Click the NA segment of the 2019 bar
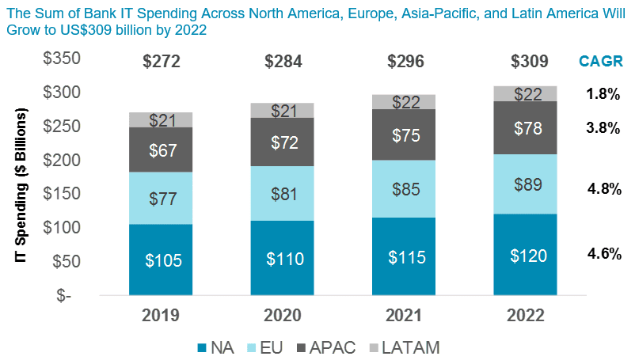point(161,259)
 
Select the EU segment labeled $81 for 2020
point(283,193)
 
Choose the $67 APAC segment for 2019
point(161,150)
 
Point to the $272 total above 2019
point(161,61)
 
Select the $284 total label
point(283,61)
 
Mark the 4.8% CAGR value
point(603,189)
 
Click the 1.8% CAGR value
point(603,93)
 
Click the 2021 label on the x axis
point(405,315)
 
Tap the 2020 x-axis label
point(283,315)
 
